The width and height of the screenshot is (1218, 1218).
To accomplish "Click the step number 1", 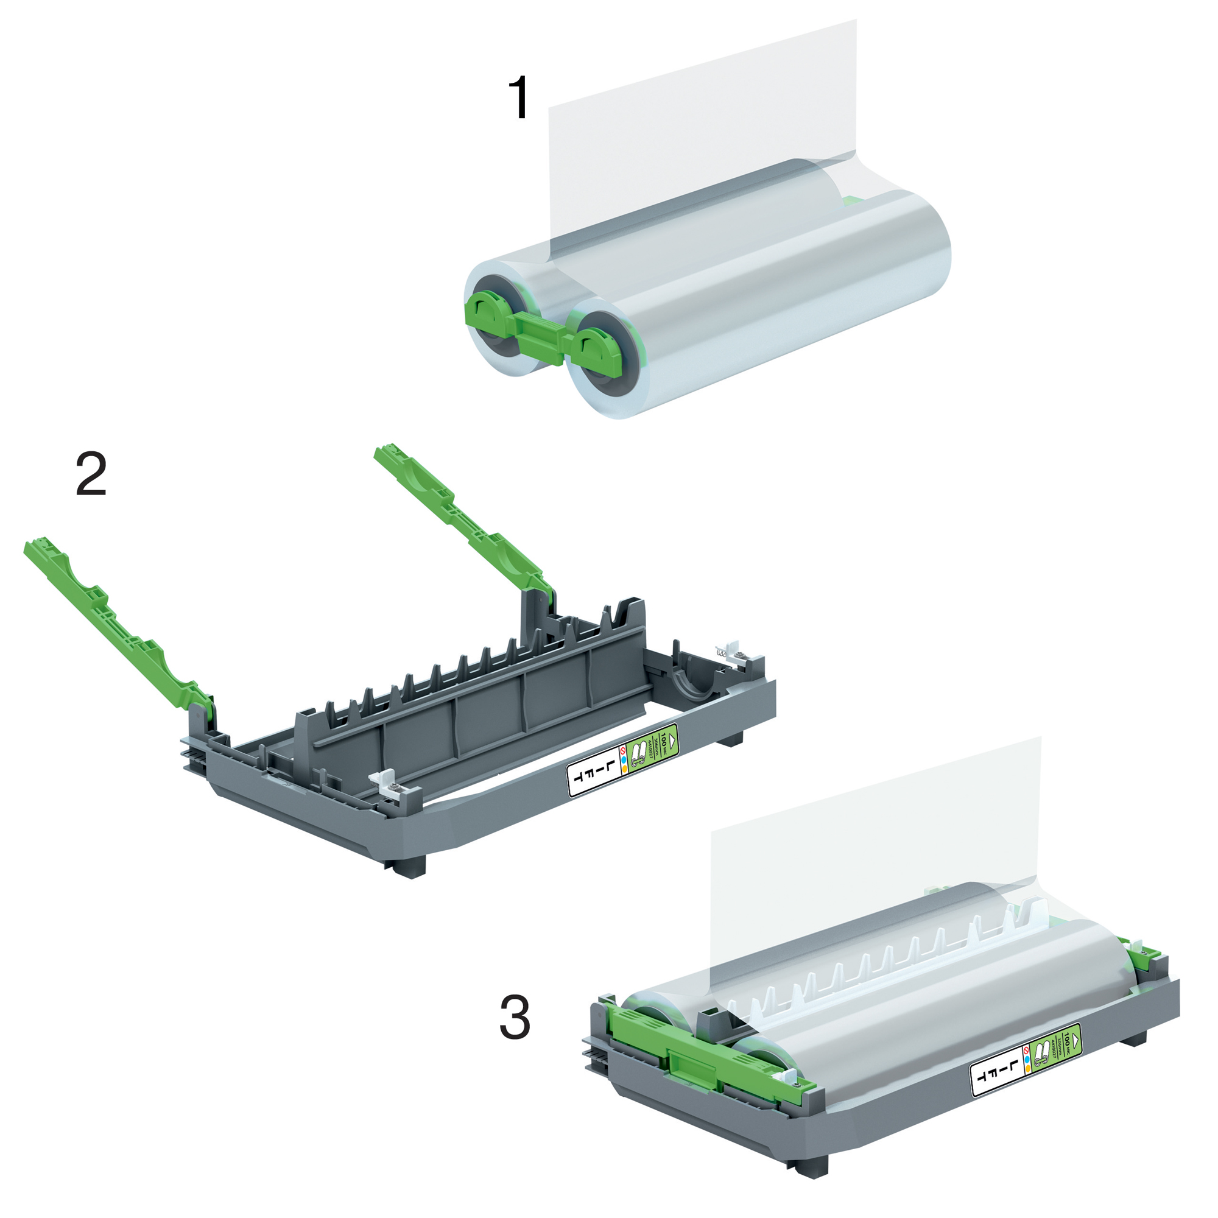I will point(519,97).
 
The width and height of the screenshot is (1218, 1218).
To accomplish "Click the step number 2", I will point(91,474).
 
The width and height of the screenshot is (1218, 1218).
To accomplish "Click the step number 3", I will point(515,1018).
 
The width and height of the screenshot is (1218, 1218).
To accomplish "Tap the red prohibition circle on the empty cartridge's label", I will point(623,752).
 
